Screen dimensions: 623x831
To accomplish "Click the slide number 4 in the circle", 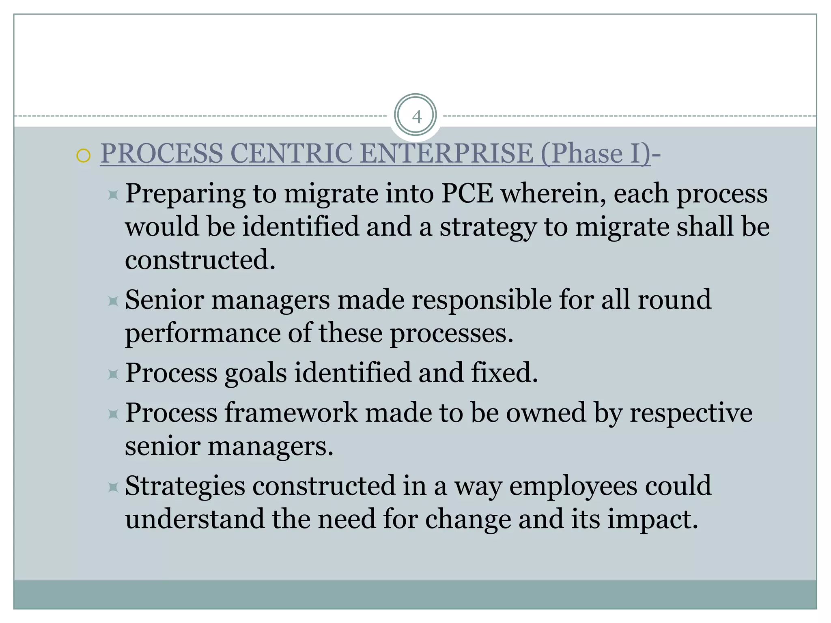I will click(416, 117).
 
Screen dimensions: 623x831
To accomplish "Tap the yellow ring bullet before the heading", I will click(83, 156).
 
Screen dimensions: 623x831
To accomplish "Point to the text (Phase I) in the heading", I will click(595, 154).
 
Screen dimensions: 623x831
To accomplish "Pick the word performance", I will click(203, 334).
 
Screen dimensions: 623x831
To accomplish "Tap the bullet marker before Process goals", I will click(113, 374).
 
